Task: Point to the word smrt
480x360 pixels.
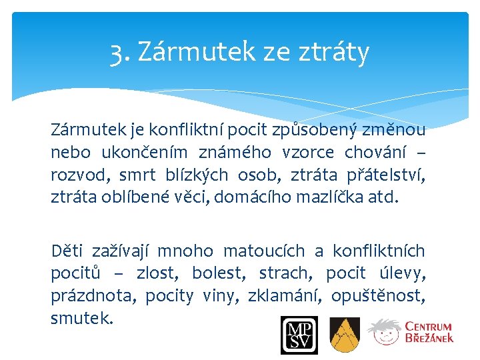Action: point(138,175)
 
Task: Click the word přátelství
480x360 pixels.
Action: point(386,175)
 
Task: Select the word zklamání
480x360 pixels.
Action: point(280,295)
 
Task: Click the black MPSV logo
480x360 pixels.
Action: point(299,335)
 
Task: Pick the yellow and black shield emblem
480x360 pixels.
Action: point(345,335)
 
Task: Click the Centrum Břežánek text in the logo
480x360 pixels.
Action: point(429,332)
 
